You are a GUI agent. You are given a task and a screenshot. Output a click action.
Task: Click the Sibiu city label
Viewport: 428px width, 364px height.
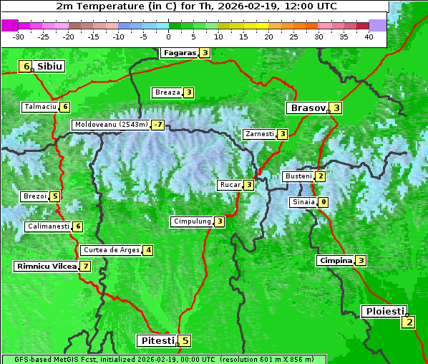click(x=49, y=67)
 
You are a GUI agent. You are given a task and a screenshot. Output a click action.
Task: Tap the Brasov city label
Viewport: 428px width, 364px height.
click(x=307, y=108)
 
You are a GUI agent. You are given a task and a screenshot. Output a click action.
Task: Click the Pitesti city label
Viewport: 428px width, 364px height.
click(x=156, y=341)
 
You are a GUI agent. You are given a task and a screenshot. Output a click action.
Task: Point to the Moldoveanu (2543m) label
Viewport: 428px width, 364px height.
click(x=111, y=125)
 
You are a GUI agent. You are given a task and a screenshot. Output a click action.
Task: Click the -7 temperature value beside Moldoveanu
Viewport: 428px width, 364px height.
click(x=157, y=125)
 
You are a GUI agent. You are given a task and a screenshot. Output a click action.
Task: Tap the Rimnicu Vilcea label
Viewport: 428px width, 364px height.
click(x=46, y=266)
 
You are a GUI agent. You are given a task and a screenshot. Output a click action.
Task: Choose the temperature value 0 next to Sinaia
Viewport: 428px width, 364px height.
click(x=324, y=202)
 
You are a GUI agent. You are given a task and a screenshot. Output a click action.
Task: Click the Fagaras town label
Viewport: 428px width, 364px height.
click(x=179, y=53)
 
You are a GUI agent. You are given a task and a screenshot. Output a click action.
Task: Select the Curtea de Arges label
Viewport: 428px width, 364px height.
click(x=110, y=250)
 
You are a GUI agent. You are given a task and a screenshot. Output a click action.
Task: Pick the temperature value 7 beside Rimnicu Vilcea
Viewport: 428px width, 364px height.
click(x=86, y=266)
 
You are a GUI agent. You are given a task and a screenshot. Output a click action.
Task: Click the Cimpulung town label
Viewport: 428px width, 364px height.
click(x=192, y=221)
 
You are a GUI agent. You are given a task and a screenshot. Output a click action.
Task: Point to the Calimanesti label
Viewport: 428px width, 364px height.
click(x=48, y=226)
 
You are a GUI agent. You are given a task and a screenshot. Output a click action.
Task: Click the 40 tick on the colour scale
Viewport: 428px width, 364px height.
click(x=369, y=37)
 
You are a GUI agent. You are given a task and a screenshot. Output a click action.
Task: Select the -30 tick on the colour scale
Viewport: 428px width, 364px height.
click(x=19, y=37)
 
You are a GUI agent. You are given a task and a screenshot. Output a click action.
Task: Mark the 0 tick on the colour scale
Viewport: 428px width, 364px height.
click(x=169, y=37)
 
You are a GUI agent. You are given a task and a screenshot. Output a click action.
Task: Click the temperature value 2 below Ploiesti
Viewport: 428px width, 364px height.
click(x=408, y=322)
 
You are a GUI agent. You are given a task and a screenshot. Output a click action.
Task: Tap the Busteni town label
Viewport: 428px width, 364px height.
click(x=298, y=176)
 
